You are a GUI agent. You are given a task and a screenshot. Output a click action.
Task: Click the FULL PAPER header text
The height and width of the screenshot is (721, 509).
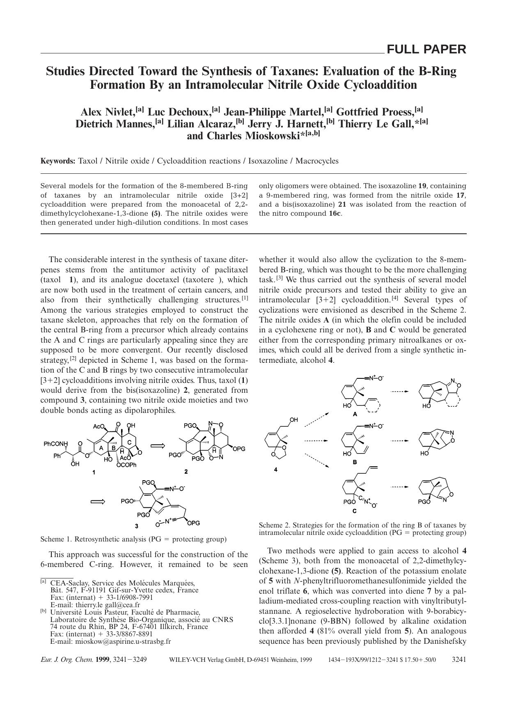426,50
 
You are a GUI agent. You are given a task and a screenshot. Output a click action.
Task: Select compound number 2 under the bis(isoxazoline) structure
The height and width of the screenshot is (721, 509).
186,472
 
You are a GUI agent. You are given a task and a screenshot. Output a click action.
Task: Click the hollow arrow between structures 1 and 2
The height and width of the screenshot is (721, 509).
157,445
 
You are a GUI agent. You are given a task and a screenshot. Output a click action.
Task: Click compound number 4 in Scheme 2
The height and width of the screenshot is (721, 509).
275,470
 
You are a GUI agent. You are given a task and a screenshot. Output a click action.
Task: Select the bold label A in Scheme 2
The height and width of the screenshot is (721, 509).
355,415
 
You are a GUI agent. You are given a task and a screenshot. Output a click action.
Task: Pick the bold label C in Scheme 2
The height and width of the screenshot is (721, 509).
354,511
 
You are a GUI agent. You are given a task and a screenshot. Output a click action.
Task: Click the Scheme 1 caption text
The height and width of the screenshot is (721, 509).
133,539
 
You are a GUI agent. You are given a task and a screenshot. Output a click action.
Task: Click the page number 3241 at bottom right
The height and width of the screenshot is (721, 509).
459,660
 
